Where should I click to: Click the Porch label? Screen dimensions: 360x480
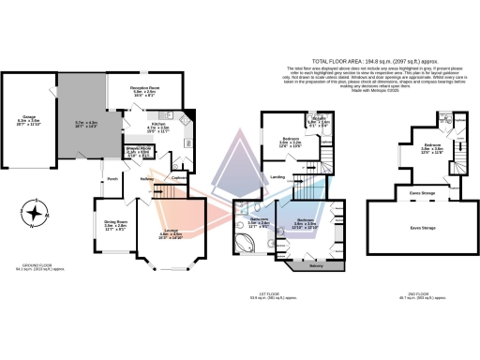pyautogui.click(x=112, y=179)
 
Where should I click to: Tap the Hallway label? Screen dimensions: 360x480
pyautogui.click(x=147, y=179)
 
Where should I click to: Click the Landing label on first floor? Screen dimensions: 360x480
pyautogui.click(x=278, y=175)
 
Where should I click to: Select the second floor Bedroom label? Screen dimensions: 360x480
pyautogui.click(x=432, y=146)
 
